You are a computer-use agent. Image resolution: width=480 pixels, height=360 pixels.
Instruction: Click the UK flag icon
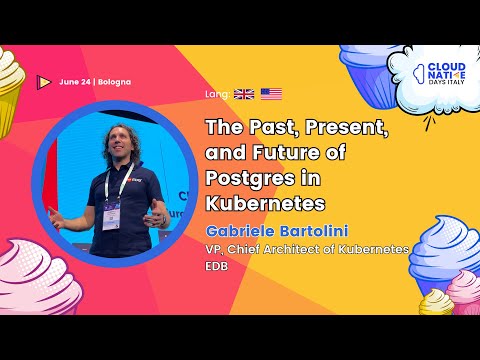pyautogui.click(x=244, y=95)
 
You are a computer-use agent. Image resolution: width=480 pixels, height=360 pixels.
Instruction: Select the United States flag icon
pyautogui.click(x=271, y=95)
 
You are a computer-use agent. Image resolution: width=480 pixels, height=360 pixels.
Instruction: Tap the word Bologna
pyautogui.click(x=115, y=81)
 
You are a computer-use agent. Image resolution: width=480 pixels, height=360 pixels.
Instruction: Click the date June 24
pyautogui.click(x=76, y=81)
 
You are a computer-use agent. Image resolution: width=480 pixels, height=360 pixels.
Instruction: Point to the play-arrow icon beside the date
pyautogui.click(x=44, y=81)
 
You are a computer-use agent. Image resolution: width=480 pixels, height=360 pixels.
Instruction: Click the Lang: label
pyautogui.click(x=215, y=95)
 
